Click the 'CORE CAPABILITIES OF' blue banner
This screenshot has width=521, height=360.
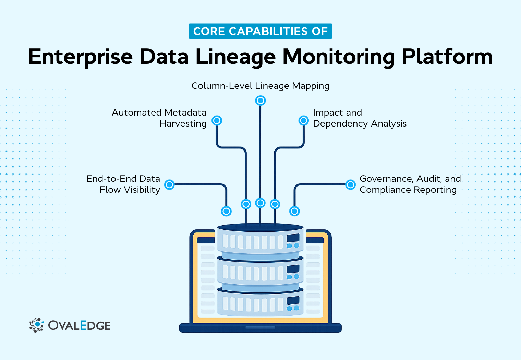click(260, 31)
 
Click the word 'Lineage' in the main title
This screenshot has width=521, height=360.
click(235, 57)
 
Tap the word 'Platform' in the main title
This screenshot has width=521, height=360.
click(447, 57)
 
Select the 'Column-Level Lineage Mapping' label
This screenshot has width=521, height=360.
click(260, 86)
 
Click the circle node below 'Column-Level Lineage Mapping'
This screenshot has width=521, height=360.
click(260, 100)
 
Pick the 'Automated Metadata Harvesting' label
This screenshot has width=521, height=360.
click(159, 118)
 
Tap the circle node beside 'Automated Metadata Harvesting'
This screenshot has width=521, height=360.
click(217, 120)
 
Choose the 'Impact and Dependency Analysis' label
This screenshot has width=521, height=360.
click(359, 118)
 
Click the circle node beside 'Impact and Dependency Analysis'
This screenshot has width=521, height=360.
click(304, 120)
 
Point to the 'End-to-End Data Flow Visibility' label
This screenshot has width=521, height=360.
click(123, 184)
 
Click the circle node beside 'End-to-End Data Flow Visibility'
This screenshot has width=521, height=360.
click(169, 184)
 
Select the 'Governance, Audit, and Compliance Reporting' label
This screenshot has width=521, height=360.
click(410, 184)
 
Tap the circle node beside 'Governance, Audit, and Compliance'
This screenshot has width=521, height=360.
click(350, 184)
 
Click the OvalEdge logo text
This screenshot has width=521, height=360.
click(79, 325)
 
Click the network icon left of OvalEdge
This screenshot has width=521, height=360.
click(36, 325)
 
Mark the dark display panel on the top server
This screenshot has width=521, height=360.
click(293, 238)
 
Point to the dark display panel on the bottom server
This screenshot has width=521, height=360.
click(293, 301)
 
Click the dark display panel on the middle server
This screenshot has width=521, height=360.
click(293, 269)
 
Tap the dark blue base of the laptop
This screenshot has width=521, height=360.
click(260, 328)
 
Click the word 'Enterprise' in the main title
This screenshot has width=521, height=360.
click(80, 57)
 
